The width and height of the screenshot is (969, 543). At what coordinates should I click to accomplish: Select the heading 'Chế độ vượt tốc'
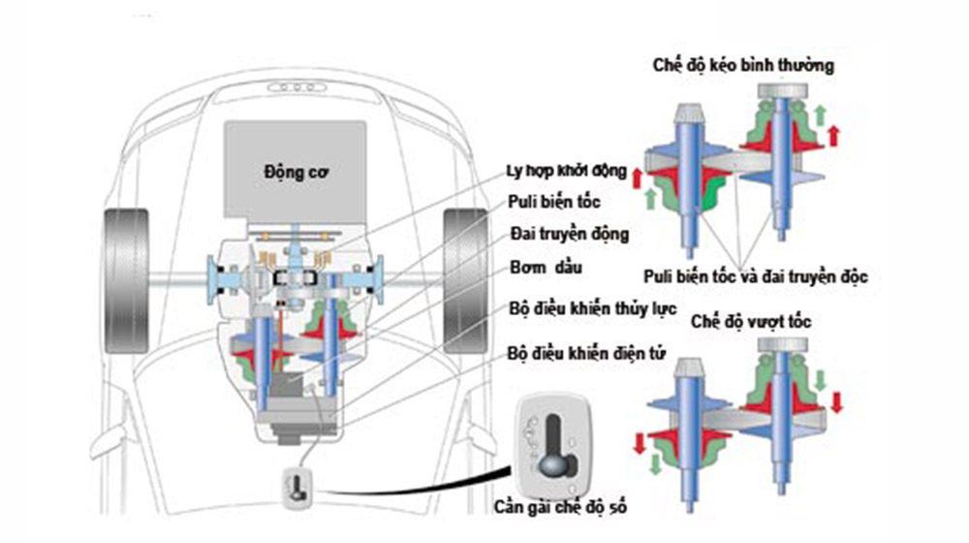click(x=752, y=321)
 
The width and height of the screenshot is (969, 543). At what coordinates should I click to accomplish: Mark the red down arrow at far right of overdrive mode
click(x=836, y=399)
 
